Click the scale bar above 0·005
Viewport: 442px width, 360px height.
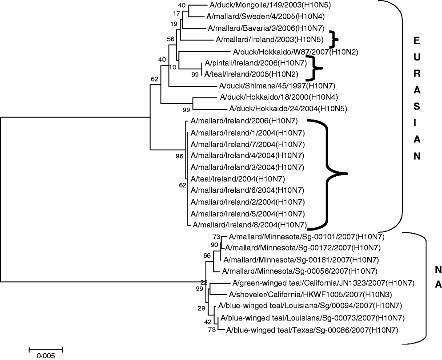click(46, 348)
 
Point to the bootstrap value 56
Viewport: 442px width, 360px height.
click(171, 39)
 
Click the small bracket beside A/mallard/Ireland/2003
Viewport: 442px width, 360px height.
click(333, 39)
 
